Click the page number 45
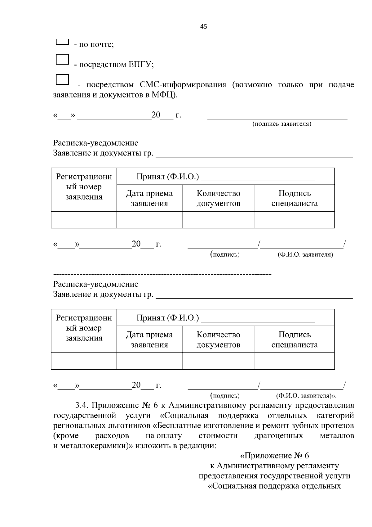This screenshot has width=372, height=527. [204, 27]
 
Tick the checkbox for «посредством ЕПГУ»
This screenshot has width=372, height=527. [62, 59]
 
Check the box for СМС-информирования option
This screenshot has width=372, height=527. [62, 79]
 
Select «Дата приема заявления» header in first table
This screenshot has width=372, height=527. [149, 198]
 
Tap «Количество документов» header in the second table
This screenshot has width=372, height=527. [218, 340]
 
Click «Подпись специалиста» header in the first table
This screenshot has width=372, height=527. [294, 198]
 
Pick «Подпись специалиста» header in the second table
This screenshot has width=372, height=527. [294, 340]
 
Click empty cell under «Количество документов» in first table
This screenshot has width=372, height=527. [218, 220]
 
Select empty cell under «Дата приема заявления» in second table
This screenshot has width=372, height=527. [149, 361]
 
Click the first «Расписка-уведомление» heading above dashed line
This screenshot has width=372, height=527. [95, 143]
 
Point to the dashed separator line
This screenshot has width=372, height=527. [162, 275]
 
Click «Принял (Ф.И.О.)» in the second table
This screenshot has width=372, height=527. [167, 318]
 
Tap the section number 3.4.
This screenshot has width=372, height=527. [82, 405]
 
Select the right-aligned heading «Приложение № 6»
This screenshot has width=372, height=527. [275, 456]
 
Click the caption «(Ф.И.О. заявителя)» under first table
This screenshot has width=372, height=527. [305, 255]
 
